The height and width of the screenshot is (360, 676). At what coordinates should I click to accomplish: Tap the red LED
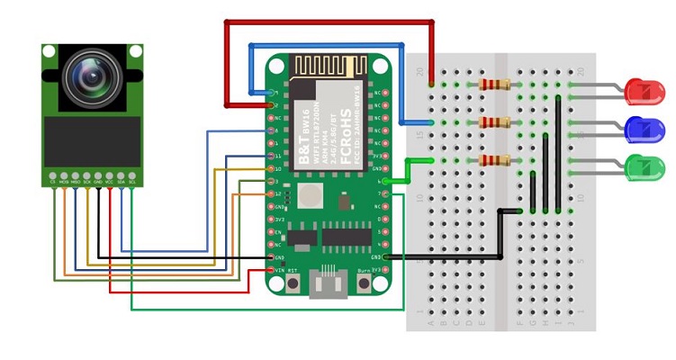click(x=644, y=91)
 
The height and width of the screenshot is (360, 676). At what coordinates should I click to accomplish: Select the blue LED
click(x=644, y=130)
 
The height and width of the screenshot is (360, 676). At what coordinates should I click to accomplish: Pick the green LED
click(x=644, y=167)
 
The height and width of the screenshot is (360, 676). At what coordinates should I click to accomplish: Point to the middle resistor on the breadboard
click(x=494, y=122)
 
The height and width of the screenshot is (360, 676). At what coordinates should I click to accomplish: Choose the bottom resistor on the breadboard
click(x=494, y=160)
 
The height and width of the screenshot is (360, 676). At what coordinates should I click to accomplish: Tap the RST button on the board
click(x=293, y=283)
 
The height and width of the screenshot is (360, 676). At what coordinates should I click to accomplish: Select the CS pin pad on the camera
click(x=53, y=175)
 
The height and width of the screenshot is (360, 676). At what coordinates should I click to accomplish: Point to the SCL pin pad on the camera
click(x=132, y=175)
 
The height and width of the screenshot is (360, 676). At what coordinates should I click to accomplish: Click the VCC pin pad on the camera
click(x=110, y=175)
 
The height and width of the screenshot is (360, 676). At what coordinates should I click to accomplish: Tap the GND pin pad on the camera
click(x=98, y=175)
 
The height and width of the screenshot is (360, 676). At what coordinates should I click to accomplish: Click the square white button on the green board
click(x=311, y=195)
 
